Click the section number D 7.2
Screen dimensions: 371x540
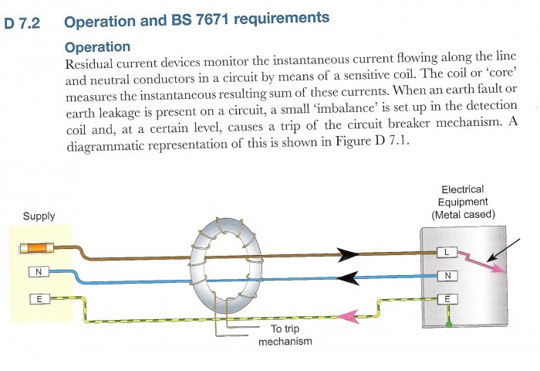point(25,23)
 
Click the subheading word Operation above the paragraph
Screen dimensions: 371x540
point(98,48)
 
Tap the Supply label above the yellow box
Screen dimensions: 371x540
point(39,216)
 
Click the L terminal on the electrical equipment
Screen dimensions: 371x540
point(447,253)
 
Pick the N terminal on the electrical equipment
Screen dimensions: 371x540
point(447,275)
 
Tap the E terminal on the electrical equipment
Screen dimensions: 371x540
point(447,299)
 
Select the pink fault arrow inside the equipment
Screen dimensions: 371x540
point(481,262)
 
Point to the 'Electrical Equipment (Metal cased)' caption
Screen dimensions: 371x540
point(463,201)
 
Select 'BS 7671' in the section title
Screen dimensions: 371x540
point(211,17)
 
